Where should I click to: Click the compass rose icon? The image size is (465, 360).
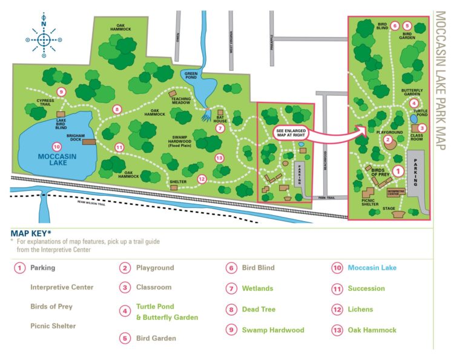click(x=44, y=40)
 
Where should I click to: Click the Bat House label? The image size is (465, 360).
click(x=220, y=120)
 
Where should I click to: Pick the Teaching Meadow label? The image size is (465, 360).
click(x=180, y=101)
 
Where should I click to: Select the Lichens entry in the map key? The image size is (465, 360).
click(x=360, y=309)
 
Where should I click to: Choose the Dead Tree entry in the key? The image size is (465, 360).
click(x=259, y=309)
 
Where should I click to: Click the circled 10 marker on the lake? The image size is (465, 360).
click(x=56, y=146)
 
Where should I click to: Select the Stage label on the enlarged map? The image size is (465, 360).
click(x=389, y=208)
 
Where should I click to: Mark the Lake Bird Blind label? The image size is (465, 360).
click(x=57, y=124)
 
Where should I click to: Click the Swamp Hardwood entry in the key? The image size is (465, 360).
click(x=272, y=330)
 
